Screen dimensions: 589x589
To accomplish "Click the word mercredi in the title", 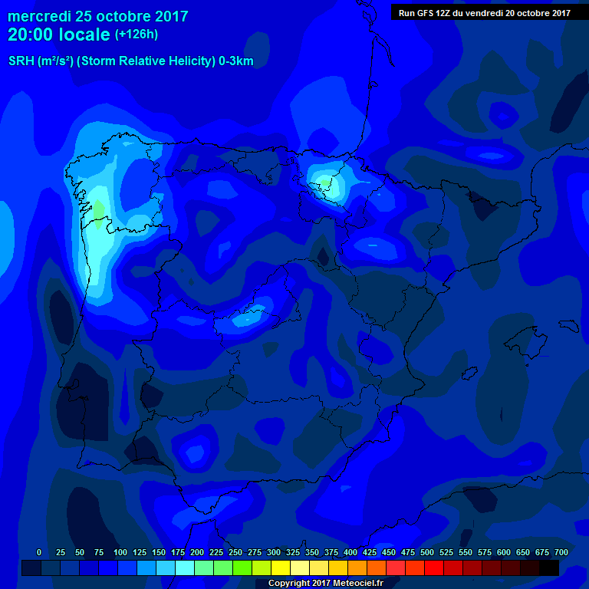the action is tap(41, 16).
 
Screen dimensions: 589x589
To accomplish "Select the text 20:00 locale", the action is tap(59, 35).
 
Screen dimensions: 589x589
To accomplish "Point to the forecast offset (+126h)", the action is tap(136, 35).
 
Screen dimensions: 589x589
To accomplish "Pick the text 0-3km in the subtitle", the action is tap(235, 61).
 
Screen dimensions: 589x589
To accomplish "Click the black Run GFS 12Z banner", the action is tap(485, 12).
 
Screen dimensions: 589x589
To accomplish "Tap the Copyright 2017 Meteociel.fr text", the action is tap(326, 584).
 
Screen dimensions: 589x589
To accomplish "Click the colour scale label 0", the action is tap(39, 553).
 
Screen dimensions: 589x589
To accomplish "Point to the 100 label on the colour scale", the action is tap(120, 553).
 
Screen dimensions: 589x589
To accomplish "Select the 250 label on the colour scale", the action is tap(235, 553).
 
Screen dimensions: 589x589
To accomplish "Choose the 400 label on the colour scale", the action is tap(350, 553).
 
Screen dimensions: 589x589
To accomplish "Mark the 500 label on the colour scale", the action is tap(427, 553).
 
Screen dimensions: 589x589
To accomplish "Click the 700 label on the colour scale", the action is tap(561, 553).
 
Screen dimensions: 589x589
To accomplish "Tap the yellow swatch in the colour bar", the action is tap(281, 568).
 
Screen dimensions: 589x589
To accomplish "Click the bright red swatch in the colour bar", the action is tap(434, 568).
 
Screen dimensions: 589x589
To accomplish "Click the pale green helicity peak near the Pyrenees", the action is tap(325, 183).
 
